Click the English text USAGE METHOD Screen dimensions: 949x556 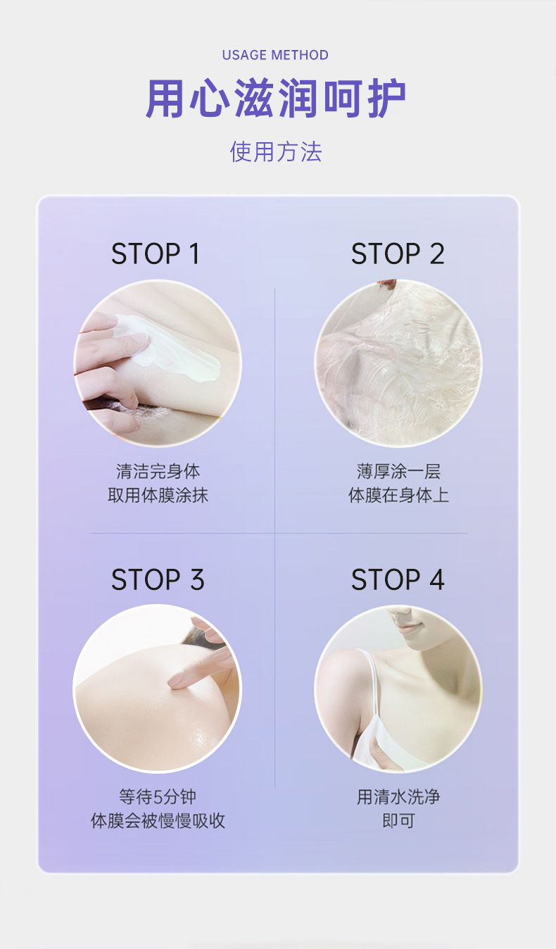tap(275, 55)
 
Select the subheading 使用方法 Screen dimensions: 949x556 tap(276, 151)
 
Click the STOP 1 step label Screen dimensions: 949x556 tap(156, 254)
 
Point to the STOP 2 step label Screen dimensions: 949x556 tap(398, 254)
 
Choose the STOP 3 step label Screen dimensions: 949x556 tap(158, 580)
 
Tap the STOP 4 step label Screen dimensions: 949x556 tap(398, 580)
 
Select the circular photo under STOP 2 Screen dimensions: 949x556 tap(398, 363)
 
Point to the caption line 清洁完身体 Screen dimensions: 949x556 tap(158, 471)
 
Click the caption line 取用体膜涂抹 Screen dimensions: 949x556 tap(158, 495)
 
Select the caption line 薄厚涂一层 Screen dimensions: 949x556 tap(398, 471)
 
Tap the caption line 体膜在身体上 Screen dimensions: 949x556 tap(398, 495)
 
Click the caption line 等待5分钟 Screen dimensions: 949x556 tap(158, 797)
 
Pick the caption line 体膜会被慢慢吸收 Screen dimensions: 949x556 tap(158, 821)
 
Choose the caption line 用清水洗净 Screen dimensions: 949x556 tap(398, 797)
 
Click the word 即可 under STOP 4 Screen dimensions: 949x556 tap(398, 821)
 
